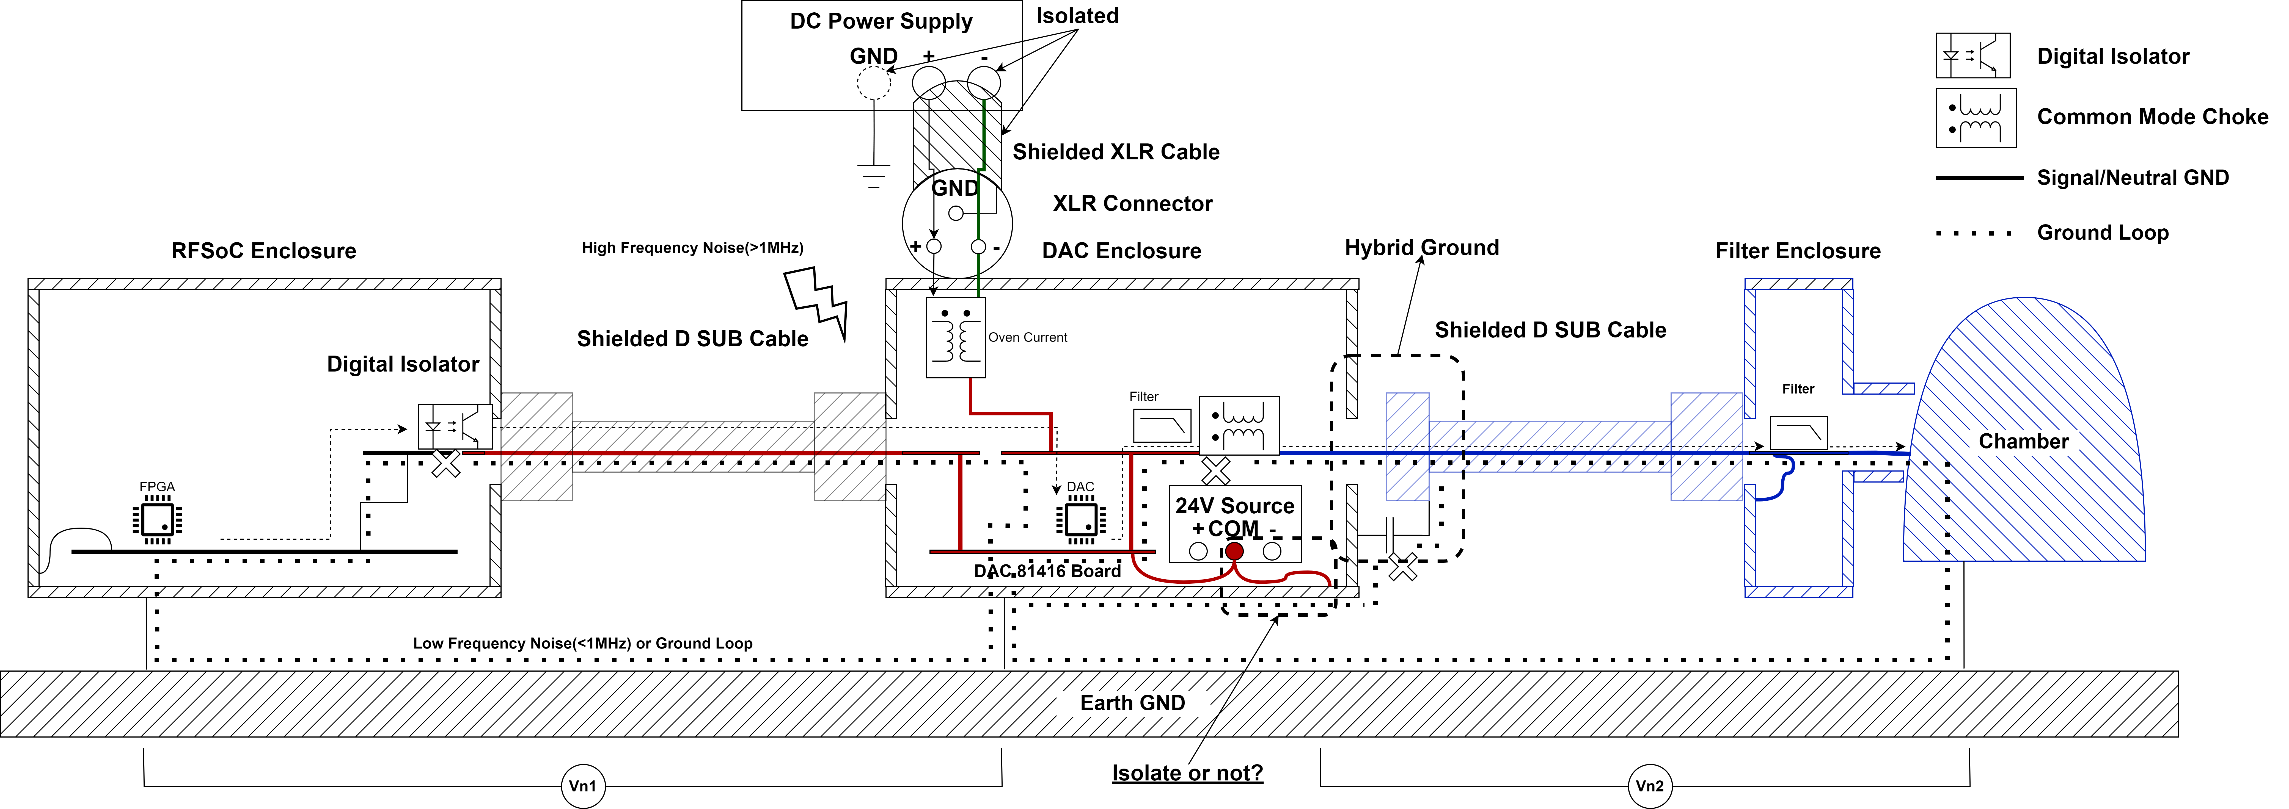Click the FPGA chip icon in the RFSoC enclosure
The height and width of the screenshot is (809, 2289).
[157, 519]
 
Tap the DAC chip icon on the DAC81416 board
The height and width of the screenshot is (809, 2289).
[1080, 519]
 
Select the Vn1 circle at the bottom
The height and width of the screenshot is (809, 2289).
[583, 786]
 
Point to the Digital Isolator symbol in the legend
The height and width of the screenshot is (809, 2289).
[1973, 56]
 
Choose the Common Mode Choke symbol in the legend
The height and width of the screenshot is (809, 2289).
[1975, 117]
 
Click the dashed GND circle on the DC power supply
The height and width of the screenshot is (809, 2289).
[873, 84]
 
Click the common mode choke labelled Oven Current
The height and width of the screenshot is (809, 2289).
[955, 337]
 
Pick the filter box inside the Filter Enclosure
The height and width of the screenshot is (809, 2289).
[1798, 433]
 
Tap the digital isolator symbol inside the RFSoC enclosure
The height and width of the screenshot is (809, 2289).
[455, 426]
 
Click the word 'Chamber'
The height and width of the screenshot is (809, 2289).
[2023, 441]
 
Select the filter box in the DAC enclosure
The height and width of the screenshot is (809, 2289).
[1161, 425]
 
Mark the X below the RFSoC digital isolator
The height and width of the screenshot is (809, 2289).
[446, 463]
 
